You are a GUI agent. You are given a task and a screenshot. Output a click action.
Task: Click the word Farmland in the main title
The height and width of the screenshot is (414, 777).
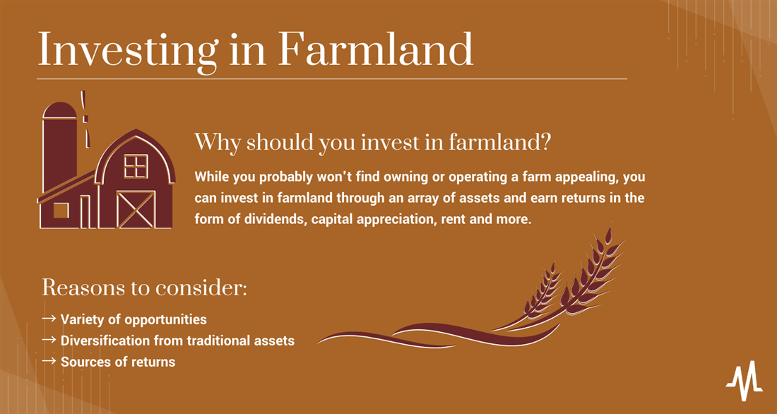tap(375, 49)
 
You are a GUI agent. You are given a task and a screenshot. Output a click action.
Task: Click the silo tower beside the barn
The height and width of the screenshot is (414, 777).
tap(60, 147)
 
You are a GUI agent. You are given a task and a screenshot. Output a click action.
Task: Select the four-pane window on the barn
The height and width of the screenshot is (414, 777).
tap(136, 166)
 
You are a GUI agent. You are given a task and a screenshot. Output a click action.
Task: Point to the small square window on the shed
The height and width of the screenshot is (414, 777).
tap(61, 211)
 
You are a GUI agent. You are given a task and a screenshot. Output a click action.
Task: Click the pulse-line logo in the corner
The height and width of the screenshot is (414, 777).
tap(745, 380)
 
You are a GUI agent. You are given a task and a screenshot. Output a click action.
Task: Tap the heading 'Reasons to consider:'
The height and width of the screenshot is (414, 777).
tap(144, 288)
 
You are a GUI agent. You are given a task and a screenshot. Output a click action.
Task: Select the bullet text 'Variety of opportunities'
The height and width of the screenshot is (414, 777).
tap(134, 319)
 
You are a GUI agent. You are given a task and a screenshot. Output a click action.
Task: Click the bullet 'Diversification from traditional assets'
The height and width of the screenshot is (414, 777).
tap(177, 341)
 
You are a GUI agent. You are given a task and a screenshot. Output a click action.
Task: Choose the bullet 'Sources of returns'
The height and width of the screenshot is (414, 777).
tap(118, 362)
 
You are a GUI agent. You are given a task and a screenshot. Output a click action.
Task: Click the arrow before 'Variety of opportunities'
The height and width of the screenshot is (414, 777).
tap(49, 319)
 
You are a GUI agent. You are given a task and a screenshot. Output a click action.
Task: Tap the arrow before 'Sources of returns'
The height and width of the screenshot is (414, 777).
tap(49, 362)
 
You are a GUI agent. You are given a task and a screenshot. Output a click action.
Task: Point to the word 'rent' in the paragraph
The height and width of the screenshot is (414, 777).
tap(451, 218)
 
